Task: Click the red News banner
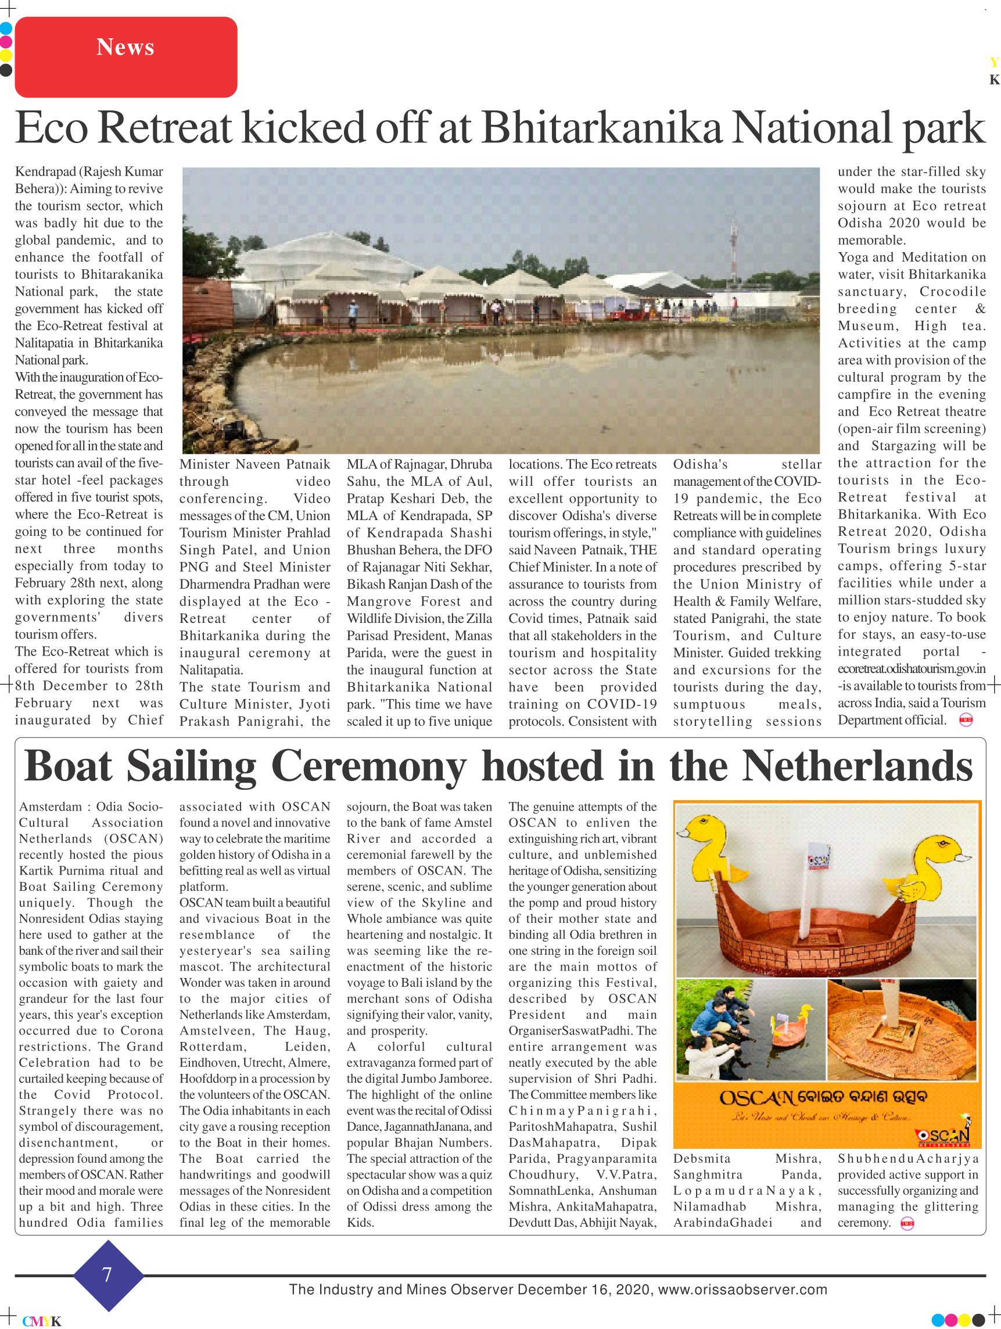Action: click(x=125, y=57)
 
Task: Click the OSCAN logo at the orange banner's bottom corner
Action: click(x=943, y=1135)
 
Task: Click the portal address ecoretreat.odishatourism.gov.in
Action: click(x=912, y=669)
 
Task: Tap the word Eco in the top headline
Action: click(x=52, y=127)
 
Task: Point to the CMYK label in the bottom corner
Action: click(x=41, y=1321)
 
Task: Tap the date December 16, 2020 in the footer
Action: click(x=583, y=1289)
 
